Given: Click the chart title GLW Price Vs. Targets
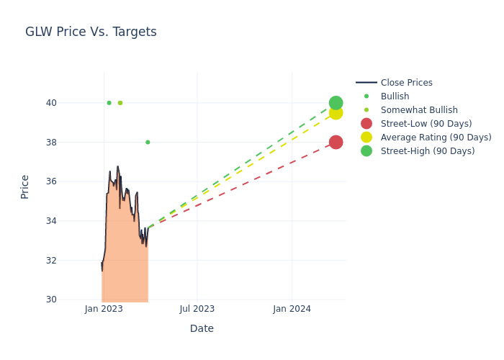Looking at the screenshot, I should click(91, 32).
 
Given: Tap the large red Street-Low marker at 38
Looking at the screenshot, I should click(336, 142).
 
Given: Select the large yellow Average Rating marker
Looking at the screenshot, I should click(336, 113).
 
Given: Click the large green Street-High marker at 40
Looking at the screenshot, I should click(336, 103).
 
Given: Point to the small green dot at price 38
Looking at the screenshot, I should click(148, 142).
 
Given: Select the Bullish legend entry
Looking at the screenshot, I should click(395, 96).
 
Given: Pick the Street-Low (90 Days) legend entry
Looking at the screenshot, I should click(426, 124).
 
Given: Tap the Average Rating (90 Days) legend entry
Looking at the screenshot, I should click(436, 138).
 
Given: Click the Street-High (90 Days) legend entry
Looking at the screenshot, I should click(428, 151).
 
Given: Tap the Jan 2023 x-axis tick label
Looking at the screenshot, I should click(104, 309).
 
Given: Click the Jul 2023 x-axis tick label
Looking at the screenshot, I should click(197, 309).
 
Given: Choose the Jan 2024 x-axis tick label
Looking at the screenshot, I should click(292, 309).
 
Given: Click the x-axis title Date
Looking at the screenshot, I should click(202, 328).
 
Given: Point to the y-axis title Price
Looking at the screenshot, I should click(25, 186).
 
